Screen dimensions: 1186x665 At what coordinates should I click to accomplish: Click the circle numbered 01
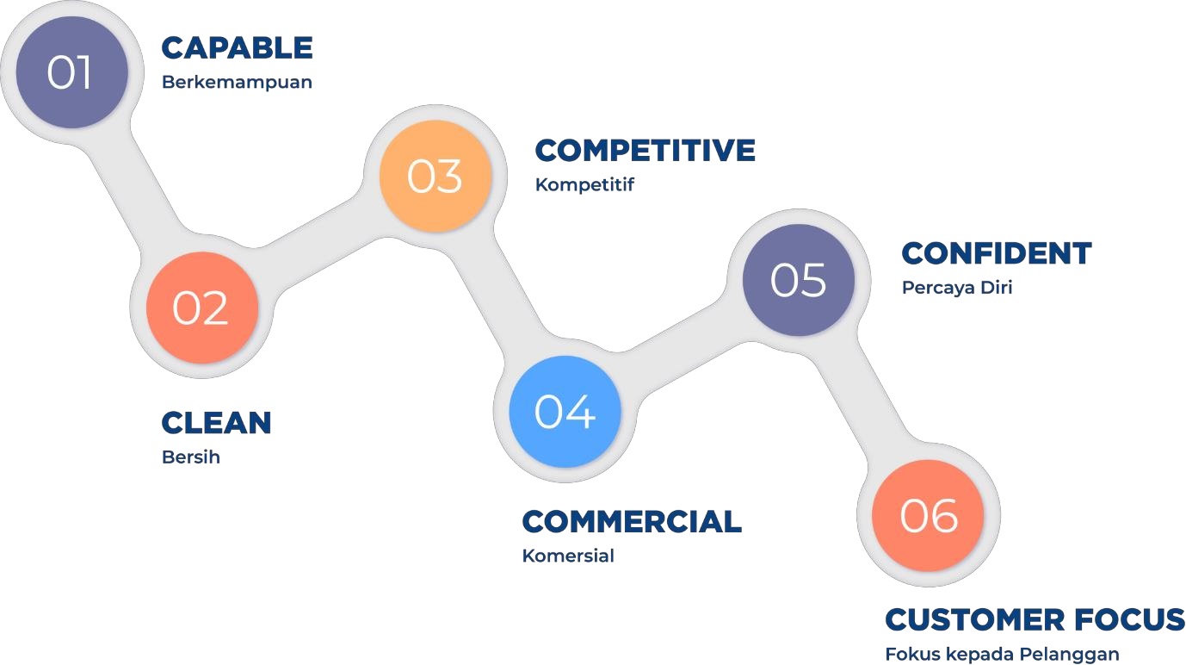72,72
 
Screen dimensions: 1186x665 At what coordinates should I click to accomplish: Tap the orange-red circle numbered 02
201,308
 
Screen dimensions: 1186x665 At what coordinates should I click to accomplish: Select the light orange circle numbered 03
435,176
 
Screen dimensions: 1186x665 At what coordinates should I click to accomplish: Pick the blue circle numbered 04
565,411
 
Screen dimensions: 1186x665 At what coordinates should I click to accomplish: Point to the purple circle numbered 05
799,280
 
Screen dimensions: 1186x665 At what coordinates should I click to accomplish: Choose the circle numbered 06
928,515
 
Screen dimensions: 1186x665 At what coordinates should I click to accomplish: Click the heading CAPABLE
238,48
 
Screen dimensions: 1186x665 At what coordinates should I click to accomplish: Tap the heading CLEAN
216,423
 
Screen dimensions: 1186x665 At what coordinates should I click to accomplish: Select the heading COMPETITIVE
645,150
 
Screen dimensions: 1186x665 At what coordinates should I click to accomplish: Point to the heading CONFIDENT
997,253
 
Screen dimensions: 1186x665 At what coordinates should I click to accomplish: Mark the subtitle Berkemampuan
237,83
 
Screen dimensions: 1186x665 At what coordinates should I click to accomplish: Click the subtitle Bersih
190,457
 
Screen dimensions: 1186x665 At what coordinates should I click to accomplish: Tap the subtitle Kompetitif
584,185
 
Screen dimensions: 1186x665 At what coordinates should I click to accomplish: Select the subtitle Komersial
567,556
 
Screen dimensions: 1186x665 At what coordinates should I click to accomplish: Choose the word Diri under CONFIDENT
996,287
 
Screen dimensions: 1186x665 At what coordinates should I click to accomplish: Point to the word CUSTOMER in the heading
975,620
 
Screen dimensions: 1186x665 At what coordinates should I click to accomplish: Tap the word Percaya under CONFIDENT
937,289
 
